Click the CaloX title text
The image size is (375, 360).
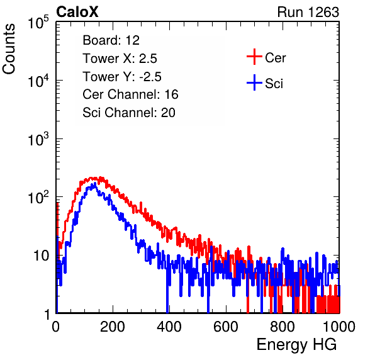[x=77, y=12]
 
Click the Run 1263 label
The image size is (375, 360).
[x=308, y=12]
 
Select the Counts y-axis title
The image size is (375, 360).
[x=9, y=49]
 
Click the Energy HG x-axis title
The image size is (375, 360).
[x=296, y=345]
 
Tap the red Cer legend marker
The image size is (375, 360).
[x=254, y=57]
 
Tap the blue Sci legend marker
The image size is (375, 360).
[x=254, y=82]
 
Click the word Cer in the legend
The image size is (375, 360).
[x=276, y=58]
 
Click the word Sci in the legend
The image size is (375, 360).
[x=274, y=84]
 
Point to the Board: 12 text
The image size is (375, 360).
[x=111, y=40]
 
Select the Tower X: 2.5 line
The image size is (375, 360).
[x=120, y=59]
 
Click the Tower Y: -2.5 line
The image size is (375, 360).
[x=122, y=77]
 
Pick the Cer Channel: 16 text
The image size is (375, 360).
[x=130, y=94]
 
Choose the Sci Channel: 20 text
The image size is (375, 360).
[x=129, y=113]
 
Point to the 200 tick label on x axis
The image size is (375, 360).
[x=113, y=327]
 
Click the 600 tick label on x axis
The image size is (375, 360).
[x=226, y=327]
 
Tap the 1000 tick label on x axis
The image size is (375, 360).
[x=339, y=327]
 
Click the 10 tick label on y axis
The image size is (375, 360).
[x=41, y=256]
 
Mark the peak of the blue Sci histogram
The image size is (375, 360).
[x=95, y=184]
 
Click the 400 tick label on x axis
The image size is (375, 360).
[x=169, y=327]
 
